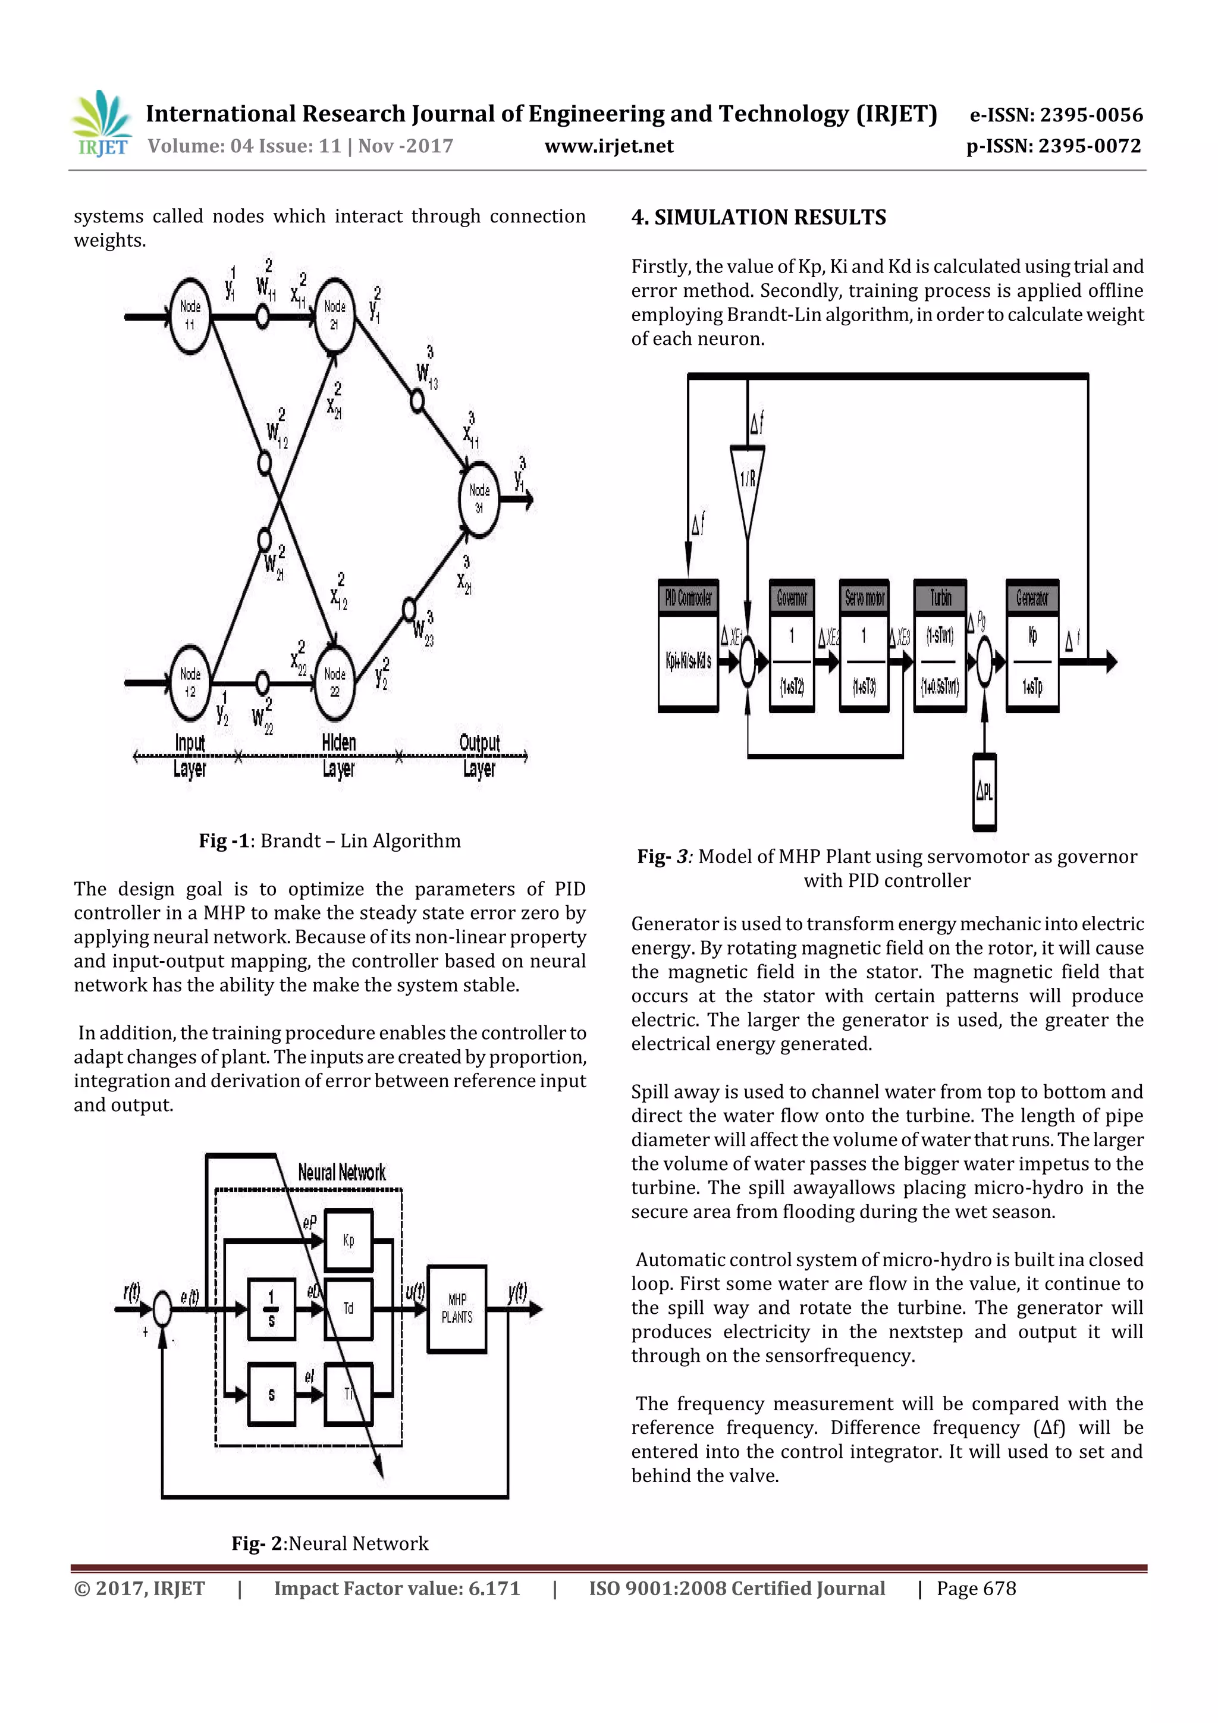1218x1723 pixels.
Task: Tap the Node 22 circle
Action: tap(334, 682)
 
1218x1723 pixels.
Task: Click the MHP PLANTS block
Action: tap(456, 1309)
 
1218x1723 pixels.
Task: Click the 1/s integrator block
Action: tap(271, 1309)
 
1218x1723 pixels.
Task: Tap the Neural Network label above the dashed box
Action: tap(341, 1172)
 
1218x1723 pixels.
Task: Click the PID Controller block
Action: tap(688, 645)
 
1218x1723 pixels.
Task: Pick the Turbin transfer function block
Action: tap(940, 645)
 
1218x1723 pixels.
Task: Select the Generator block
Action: tap(1032, 645)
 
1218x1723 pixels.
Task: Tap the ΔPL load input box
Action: tap(985, 792)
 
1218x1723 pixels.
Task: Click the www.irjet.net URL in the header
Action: tap(608, 146)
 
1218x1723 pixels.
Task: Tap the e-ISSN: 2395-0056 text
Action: tap(1056, 115)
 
